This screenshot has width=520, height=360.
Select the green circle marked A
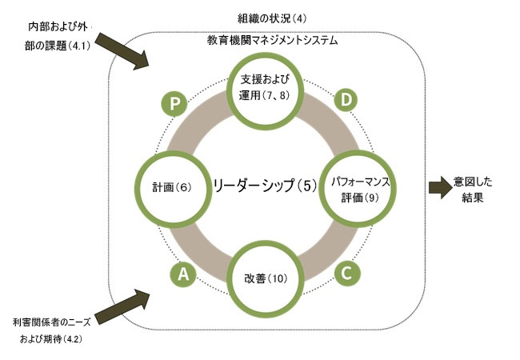tap(183, 274)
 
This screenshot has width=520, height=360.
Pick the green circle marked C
tap(346, 273)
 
